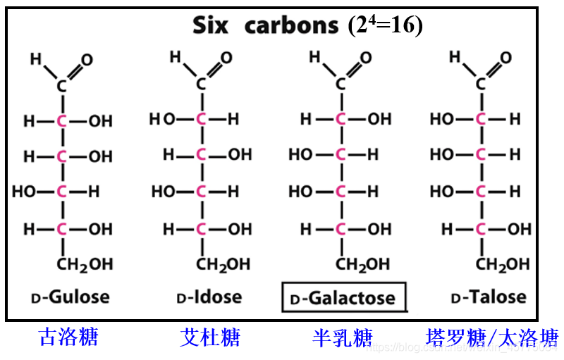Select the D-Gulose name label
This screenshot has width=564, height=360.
[x=70, y=297]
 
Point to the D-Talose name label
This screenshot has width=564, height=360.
[x=488, y=297]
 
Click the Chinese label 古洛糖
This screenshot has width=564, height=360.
[x=68, y=337]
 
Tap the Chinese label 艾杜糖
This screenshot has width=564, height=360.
[x=209, y=337]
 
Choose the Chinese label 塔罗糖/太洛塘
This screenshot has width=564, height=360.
[x=491, y=337]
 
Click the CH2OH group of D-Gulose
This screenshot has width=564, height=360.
[x=84, y=265]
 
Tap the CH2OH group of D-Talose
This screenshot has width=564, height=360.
[x=503, y=265]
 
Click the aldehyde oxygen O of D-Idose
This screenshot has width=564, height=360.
[x=226, y=58]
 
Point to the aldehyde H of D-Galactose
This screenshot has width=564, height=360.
[x=315, y=56]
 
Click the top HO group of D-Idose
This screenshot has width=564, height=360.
[x=161, y=119]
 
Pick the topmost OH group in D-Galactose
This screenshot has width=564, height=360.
[x=379, y=119]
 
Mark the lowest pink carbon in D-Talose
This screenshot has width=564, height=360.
[x=481, y=229]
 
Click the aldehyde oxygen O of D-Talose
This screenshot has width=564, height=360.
[x=505, y=58]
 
